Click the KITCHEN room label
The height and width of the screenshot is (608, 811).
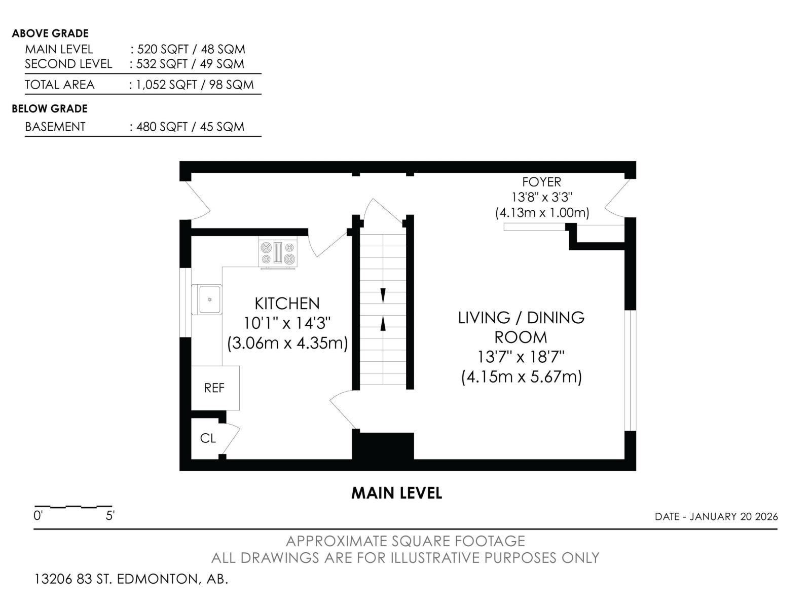[287, 303]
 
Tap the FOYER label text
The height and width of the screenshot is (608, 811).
[541, 182]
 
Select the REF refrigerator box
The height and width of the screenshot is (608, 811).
[215, 388]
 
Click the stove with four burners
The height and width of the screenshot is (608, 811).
[278, 254]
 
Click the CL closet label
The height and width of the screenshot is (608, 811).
[208, 438]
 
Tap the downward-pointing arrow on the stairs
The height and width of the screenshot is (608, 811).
[383, 295]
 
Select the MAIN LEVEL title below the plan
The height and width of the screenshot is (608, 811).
[396, 493]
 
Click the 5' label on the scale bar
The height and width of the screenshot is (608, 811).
[110, 516]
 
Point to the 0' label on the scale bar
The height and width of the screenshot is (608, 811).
[38, 516]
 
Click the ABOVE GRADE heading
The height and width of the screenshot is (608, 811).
[50, 33]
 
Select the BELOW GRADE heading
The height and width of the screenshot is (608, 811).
[50, 108]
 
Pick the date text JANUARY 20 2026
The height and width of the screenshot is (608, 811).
[733, 516]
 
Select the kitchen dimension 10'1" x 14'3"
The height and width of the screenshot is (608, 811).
[287, 323]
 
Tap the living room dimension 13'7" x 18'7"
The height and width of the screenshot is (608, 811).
[521, 357]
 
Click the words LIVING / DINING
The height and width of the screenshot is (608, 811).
[521, 318]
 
